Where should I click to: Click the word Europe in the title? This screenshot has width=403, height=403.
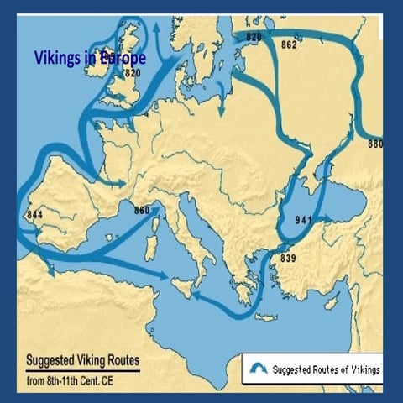123,59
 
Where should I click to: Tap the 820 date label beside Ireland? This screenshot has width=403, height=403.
132,73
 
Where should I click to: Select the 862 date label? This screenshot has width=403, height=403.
289,44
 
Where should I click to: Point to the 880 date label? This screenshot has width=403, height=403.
375,144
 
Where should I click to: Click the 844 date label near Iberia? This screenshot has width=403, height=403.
34,214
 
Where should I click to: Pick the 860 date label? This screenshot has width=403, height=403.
141,209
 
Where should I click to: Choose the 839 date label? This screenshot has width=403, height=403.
288,257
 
